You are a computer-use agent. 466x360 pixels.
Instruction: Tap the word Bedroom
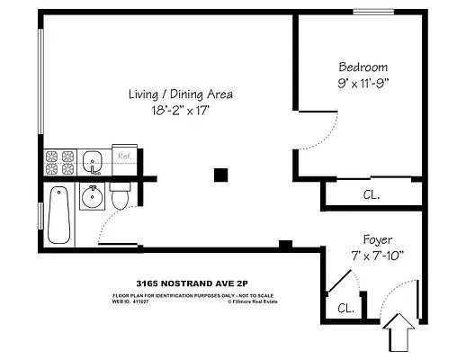pyautogui.click(x=363, y=67)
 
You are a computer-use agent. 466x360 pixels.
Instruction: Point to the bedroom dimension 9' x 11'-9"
pyautogui.click(x=363, y=84)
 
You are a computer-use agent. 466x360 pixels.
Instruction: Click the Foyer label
pyautogui.click(x=377, y=240)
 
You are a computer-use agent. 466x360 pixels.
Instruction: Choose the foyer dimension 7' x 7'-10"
pyautogui.click(x=377, y=256)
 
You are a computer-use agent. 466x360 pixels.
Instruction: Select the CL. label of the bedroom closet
pyautogui.click(x=372, y=193)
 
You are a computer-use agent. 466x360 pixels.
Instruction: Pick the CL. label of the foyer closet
pyautogui.click(x=345, y=309)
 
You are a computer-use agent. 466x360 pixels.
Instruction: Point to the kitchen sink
pyautogui.click(x=93, y=163)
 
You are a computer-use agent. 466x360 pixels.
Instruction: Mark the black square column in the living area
pyautogui.click(x=220, y=175)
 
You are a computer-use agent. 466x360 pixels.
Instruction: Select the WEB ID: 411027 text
pyautogui.click(x=133, y=303)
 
